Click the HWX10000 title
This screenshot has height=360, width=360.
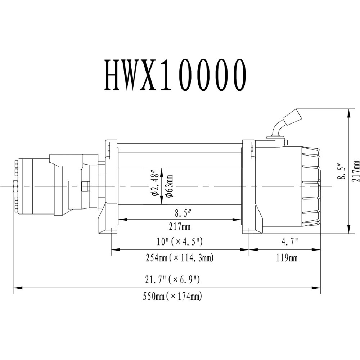point(176,75)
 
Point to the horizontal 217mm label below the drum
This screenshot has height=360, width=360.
point(180,227)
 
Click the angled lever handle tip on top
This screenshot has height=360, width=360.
point(293,116)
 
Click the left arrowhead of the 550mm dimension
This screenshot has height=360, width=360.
point(16,288)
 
